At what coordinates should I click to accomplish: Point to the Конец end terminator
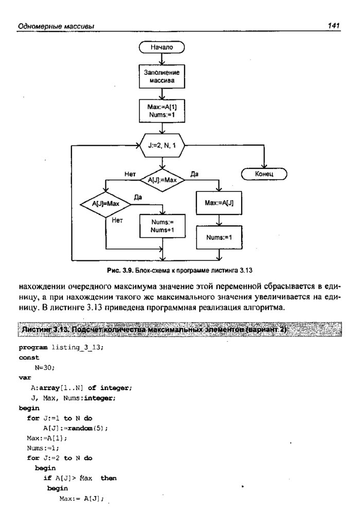264,174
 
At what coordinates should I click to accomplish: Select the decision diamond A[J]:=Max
162,180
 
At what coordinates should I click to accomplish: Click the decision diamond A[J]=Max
105,204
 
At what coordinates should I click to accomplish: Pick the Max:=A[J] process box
219,203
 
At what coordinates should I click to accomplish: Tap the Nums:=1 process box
219,237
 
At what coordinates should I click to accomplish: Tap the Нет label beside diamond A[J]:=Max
130,174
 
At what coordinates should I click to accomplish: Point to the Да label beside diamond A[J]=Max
138,197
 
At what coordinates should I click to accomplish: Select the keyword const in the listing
29,357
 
